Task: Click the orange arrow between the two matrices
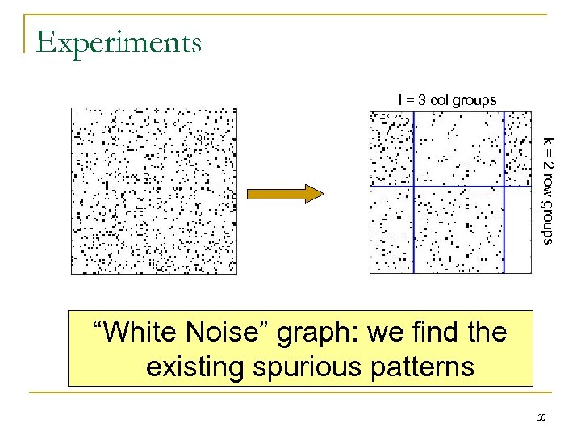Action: (285, 193)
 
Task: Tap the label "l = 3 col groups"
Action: (447, 99)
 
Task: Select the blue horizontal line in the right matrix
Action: (452, 187)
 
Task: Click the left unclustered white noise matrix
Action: (153, 191)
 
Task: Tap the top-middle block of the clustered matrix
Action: (458, 149)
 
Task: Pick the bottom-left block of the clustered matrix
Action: (391, 230)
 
